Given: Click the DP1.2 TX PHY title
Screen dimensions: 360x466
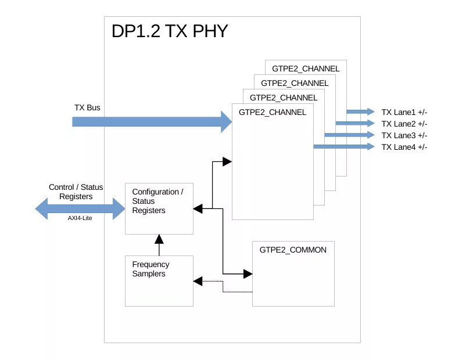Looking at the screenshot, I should (x=170, y=32).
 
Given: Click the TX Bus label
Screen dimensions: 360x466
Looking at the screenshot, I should (x=87, y=108).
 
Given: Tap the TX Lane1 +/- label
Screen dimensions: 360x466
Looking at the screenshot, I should (x=404, y=112).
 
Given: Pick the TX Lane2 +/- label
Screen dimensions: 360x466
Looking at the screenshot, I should (x=404, y=124).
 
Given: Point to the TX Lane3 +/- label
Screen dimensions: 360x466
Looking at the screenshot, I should (x=404, y=135).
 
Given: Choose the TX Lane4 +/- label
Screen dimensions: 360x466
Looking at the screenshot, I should (x=404, y=147).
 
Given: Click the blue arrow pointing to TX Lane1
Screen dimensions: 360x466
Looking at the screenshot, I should (x=360, y=111).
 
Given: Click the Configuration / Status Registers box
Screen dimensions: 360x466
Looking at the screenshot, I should (x=159, y=208).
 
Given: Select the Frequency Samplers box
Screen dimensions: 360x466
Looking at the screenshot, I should (x=159, y=281).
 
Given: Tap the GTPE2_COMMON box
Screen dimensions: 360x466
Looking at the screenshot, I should (x=293, y=273).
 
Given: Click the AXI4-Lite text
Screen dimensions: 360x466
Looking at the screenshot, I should (x=80, y=218).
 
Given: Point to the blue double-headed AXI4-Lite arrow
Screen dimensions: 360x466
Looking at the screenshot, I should (x=80, y=208).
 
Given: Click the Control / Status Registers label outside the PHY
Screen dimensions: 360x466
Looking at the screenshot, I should (x=76, y=192).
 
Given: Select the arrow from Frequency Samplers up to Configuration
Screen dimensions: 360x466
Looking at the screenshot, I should (x=159, y=244).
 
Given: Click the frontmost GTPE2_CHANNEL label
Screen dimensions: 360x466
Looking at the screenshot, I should (x=272, y=112).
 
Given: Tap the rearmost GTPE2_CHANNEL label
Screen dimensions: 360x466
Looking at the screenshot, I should (x=306, y=69).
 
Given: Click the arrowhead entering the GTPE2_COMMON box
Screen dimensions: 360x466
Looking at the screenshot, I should (x=248, y=273).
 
